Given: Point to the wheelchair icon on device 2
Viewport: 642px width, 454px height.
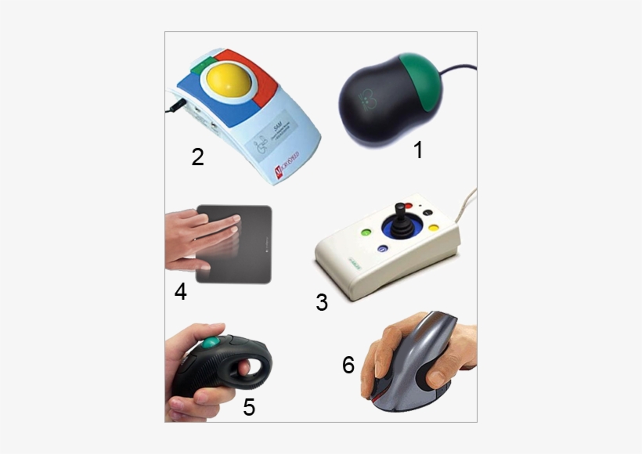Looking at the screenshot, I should coord(260,145).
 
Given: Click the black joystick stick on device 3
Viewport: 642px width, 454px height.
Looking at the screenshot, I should coord(400,214).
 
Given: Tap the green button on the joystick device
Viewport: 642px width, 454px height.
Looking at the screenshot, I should coord(366,232).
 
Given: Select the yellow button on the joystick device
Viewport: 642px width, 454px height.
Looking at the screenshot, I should coord(432,229).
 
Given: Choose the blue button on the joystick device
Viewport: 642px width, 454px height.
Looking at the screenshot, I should coord(382,250).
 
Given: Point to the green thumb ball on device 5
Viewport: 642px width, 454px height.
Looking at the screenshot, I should coord(211,343).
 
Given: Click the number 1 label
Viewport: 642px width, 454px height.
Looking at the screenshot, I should coord(418,150).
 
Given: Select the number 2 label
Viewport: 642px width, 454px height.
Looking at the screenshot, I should coord(198,157).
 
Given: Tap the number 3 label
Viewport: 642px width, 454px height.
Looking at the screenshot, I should coord(322,302).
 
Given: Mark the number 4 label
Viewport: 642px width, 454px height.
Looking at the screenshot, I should coord(181,292).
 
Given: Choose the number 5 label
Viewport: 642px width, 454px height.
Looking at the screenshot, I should coord(249,407).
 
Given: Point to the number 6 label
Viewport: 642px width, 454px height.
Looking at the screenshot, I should coord(348,365).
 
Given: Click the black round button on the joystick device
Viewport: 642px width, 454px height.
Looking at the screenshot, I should coord(427,211).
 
